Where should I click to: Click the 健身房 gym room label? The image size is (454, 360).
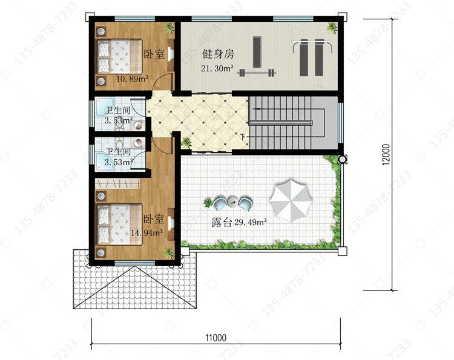(218, 54)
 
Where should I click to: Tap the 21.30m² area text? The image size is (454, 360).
(217, 68)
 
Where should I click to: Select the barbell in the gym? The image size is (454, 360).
(256, 73)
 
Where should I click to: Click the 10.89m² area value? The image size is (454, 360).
(133, 79)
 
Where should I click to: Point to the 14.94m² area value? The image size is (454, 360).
(146, 232)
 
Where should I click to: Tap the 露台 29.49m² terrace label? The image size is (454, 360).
(239, 222)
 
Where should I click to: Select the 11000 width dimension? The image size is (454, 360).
(215, 338)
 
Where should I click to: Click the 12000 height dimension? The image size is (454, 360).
(386, 154)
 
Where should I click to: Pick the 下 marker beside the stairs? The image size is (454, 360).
(243, 136)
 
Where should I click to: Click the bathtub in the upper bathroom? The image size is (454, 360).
(105, 107)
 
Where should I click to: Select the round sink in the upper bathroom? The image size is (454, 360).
(138, 126)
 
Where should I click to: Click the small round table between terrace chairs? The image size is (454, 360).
(232, 201)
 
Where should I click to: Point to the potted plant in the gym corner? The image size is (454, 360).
(332, 28)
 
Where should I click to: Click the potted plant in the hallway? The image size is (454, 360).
(186, 142)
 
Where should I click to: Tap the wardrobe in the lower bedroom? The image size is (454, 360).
(118, 184)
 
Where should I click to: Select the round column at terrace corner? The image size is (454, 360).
(342, 159)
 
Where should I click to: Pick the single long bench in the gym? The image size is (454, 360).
(257, 52)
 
